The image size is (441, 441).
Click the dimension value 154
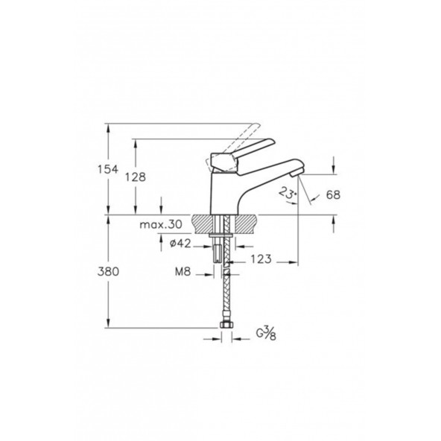(108, 170)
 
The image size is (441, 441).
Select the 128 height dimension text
(136, 177)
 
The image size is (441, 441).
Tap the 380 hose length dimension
(108, 272)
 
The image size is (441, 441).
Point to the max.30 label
(161, 224)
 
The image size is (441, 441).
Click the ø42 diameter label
(180, 244)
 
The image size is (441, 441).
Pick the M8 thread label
(183, 272)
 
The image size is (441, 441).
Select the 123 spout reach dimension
(261, 259)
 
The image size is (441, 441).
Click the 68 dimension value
(333, 194)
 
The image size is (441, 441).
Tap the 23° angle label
(287, 193)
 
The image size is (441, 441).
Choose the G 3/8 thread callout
(266, 334)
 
